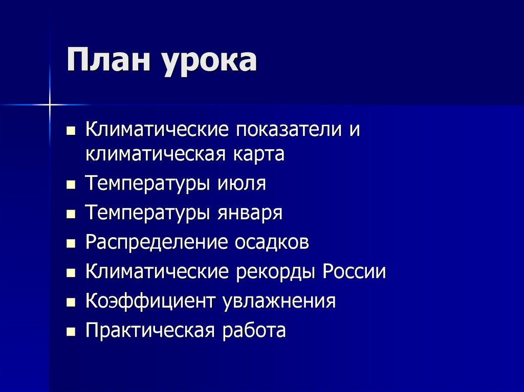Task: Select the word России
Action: tap(354, 271)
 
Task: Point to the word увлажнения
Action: tap(279, 301)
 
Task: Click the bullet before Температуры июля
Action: tap(71, 183)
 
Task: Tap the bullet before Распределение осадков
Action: tap(71, 243)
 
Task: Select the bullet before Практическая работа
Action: tap(71, 331)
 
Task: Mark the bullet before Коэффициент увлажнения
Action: tap(71, 302)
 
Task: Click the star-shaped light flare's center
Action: tap(50, 105)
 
